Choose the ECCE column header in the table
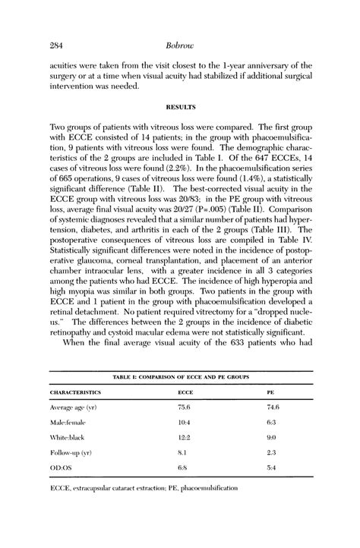point(185,392)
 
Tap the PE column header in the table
point(270,392)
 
